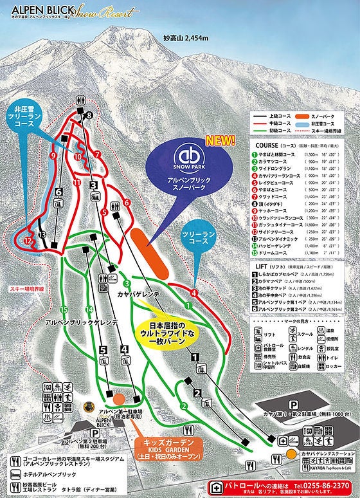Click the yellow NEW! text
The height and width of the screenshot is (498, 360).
pos(221,140)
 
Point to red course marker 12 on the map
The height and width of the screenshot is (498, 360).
pos(27,240)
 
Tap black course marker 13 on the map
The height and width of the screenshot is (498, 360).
pos(42,235)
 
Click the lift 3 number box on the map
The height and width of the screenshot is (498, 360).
pos(93,185)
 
